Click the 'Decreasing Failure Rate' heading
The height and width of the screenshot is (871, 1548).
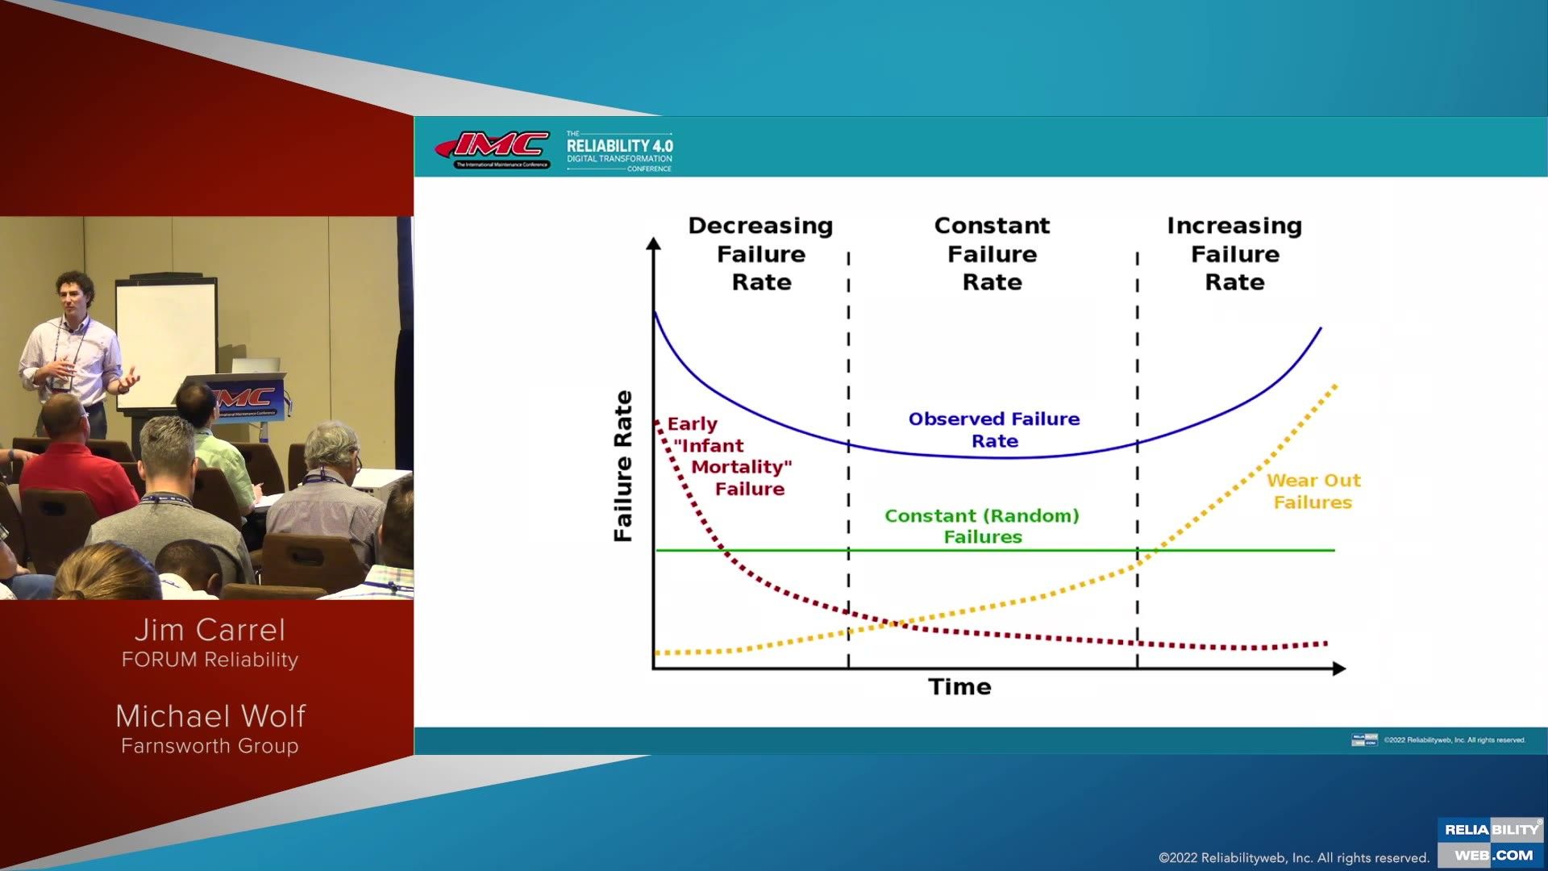(x=760, y=254)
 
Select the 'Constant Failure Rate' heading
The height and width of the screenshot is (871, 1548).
(x=992, y=254)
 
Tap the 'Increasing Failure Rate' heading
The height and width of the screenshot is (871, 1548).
(x=1234, y=254)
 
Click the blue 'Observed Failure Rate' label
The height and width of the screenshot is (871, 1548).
(x=994, y=430)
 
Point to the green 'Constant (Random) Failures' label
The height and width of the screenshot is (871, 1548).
(x=982, y=526)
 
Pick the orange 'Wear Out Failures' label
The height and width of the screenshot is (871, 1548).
(x=1313, y=491)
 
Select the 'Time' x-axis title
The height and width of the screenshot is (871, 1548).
(x=959, y=687)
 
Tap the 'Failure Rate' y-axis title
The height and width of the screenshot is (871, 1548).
(x=623, y=466)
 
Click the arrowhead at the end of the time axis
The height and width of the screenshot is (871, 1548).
(x=1339, y=669)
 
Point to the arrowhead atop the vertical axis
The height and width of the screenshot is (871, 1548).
(x=654, y=244)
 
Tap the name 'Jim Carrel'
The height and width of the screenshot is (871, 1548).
(x=210, y=630)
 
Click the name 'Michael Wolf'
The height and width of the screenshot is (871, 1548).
(x=210, y=716)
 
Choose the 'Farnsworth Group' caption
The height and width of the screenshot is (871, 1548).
(x=210, y=746)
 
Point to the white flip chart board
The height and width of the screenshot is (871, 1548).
(x=166, y=339)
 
